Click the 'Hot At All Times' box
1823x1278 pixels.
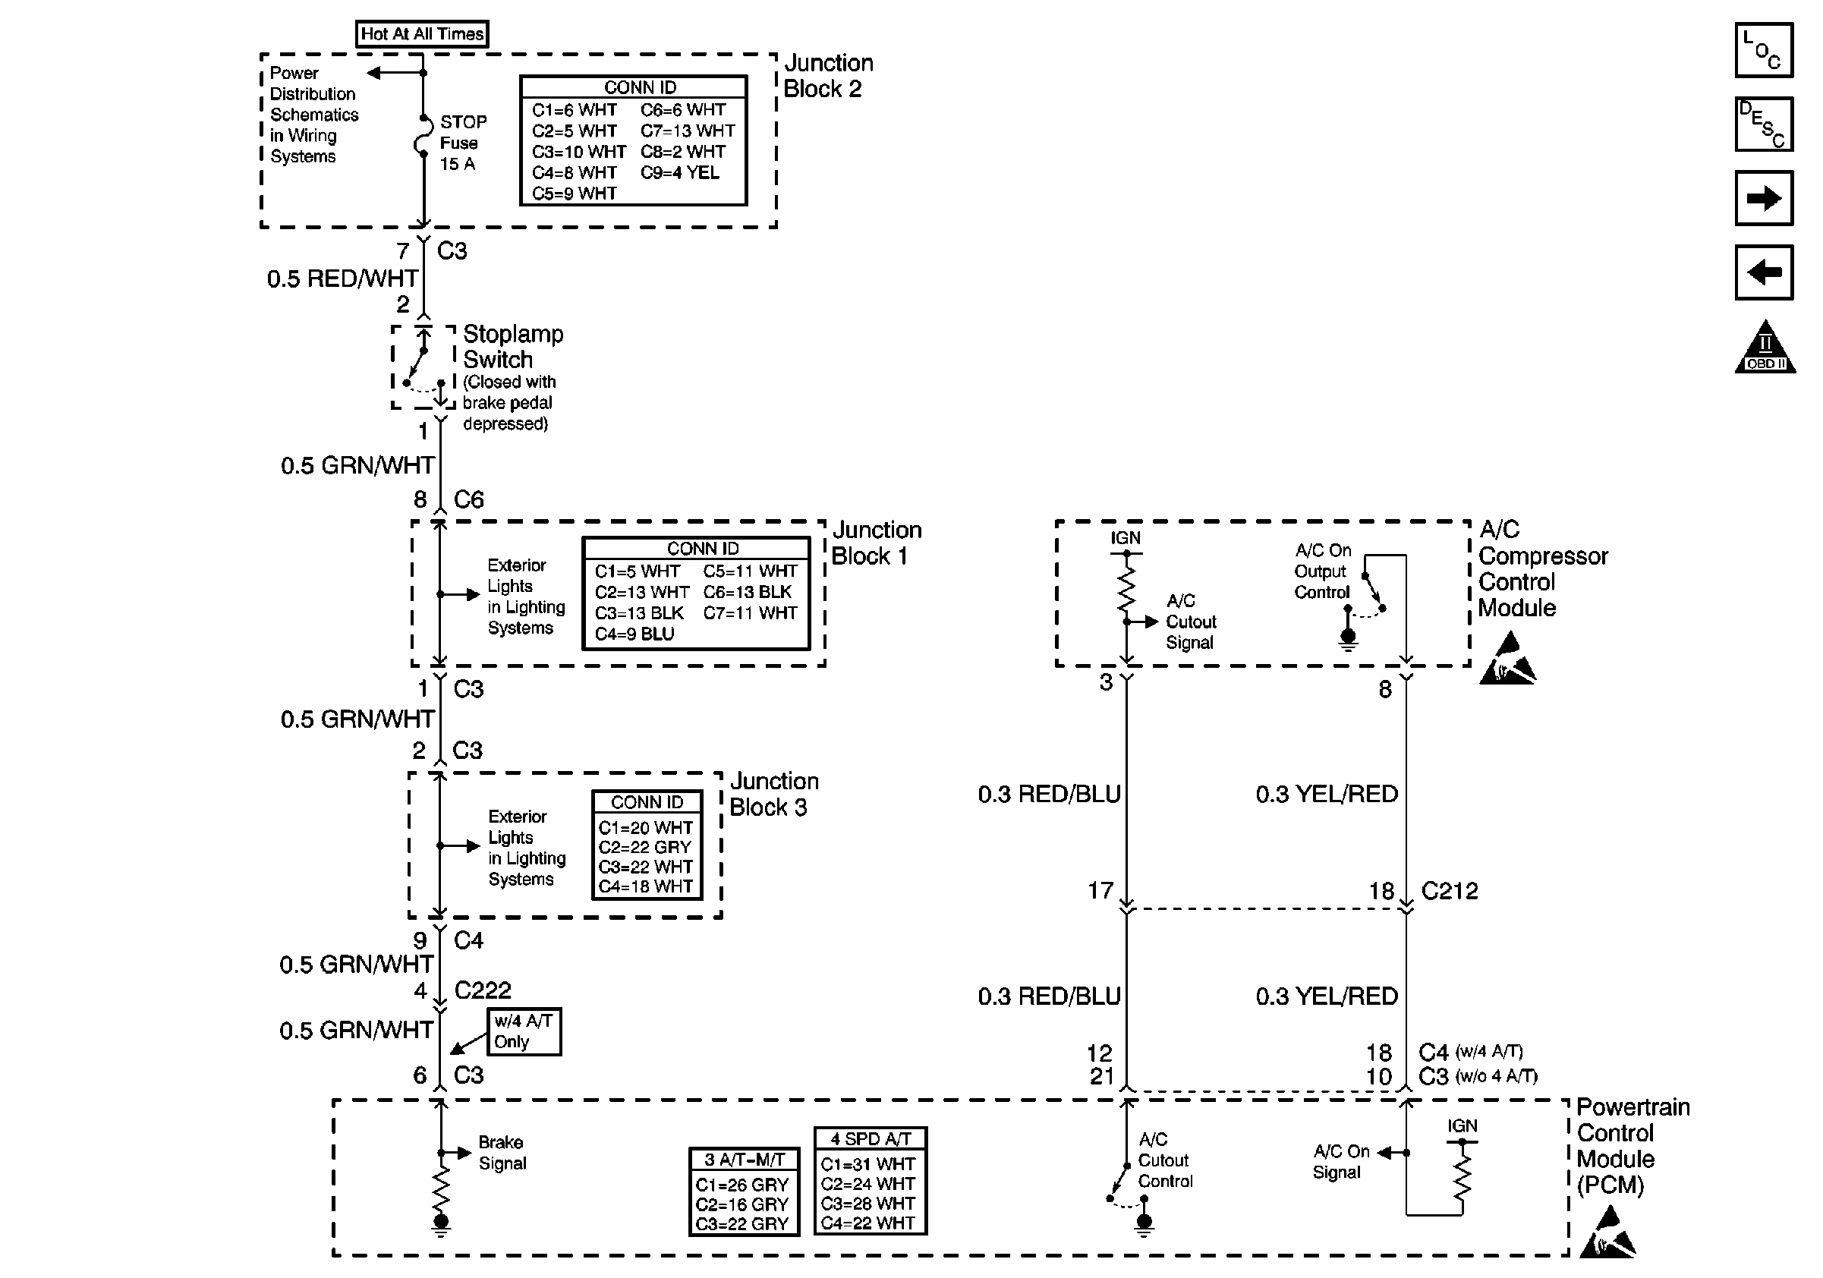click(422, 33)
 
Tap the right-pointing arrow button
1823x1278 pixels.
click(1764, 198)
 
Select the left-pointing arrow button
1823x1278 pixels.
click(1764, 272)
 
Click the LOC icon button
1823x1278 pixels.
click(1764, 50)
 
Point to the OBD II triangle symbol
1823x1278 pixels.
click(1765, 350)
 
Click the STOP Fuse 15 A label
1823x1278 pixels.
click(463, 143)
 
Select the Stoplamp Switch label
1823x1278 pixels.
click(512, 346)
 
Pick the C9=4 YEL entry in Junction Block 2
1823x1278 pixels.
click(680, 173)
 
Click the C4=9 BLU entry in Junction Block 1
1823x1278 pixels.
click(634, 634)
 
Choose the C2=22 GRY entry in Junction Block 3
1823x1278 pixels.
click(644, 847)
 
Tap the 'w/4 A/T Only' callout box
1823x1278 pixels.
click(523, 1031)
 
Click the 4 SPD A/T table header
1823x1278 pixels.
click(871, 1138)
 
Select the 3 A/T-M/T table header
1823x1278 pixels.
click(744, 1159)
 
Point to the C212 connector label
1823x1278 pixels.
click(1449, 891)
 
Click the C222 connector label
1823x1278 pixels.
click(483, 990)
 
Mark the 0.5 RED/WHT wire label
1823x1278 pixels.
click(342, 279)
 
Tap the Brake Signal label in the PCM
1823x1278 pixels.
click(502, 1153)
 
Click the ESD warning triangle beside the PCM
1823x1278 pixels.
click(1607, 1233)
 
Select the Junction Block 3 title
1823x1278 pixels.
click(773, 794)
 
